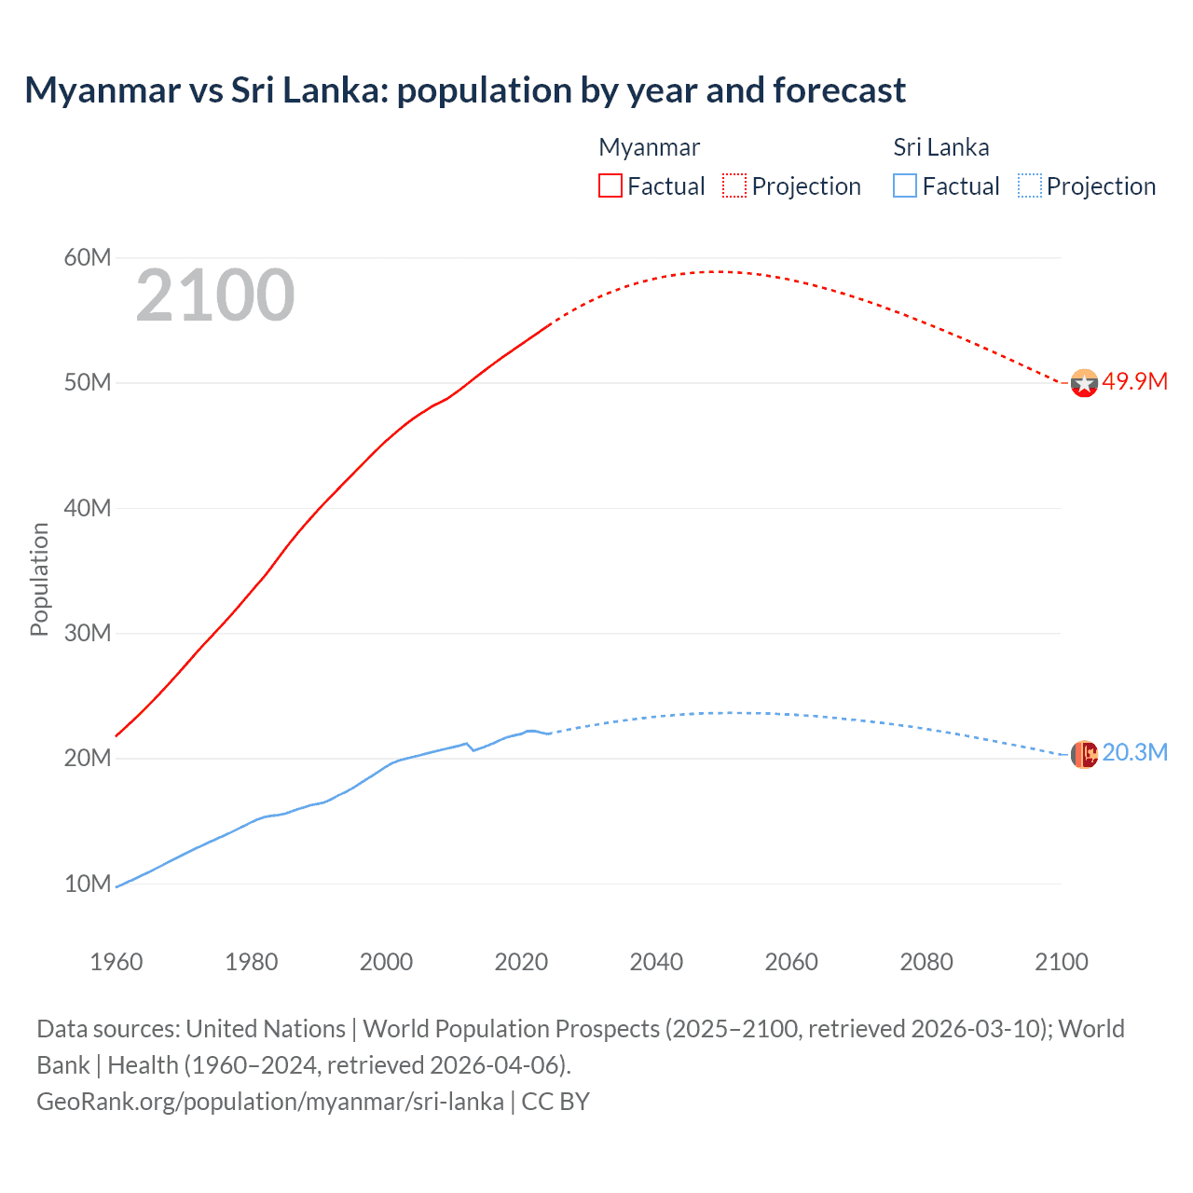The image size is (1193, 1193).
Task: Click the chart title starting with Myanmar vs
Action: click(x=465, y=90)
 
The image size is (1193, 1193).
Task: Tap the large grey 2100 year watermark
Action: click(x=215, y=295)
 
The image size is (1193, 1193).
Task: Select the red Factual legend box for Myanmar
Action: click(x=610, y=185)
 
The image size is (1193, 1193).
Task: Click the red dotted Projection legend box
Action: click(x=734, y=185)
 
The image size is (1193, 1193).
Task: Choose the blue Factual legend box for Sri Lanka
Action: click(x=905, y=185)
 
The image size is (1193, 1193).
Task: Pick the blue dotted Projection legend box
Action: click(x=1030, y=185)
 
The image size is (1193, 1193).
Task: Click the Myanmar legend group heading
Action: click(x=649, y=147)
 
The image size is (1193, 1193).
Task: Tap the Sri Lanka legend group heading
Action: click(x=940, y=147)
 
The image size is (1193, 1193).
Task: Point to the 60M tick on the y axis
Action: click(x=88, y=257)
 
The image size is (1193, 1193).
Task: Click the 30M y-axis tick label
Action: click(x=88, y=633)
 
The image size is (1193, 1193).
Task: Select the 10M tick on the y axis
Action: click(x=88, y=884)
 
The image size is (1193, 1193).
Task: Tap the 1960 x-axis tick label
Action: click(x=117, y=962)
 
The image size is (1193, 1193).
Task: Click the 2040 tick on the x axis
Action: click(x=656, y=962)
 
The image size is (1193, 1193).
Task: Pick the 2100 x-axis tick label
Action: click(x=1061, y=962)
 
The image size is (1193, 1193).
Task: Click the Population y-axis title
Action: click(x=39, y=579)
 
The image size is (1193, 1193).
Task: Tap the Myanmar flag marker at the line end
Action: click(x=1084, y=383)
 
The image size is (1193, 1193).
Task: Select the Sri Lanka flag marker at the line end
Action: click(x=1084, y=754)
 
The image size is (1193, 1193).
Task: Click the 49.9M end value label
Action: click(x=1134, y=381)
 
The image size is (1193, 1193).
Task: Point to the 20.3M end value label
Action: click(x=1134, y=752)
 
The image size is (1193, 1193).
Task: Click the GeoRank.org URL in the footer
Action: click(x=270, y=1101)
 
